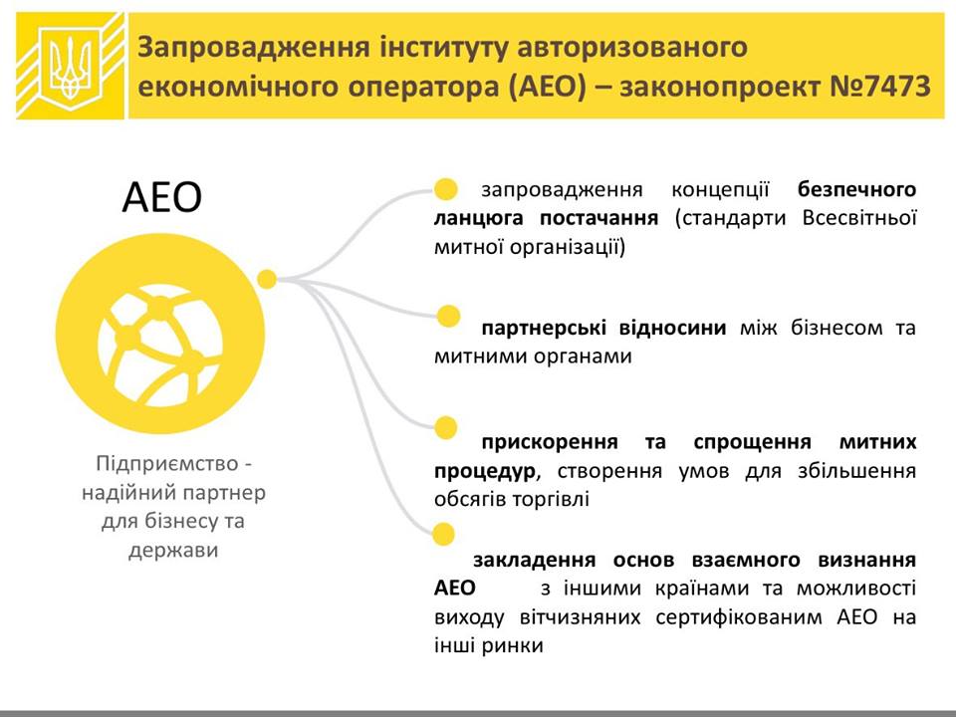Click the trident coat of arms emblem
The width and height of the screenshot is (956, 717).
(x=70, y=66)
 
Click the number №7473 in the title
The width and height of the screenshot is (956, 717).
(x=879, y=86)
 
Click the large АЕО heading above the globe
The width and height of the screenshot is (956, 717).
(x=161, y=197)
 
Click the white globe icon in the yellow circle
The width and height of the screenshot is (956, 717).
(x=159, y=346)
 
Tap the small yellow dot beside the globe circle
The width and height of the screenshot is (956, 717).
(x=267, y=279)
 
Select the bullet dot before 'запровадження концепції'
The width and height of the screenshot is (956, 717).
(x=446, y=189)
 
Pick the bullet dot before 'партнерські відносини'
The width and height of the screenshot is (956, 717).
(x=449, y=316)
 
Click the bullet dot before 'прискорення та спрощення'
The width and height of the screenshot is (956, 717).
(x=446, y=427)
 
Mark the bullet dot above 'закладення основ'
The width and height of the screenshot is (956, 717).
(x=443, y=534)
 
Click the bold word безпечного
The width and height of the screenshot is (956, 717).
(x=856, y=190)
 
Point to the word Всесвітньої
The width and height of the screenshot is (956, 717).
(x=859, y=218)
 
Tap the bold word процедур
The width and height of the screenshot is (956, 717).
(x=486, y=471)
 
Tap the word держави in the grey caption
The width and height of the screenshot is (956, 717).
(x=173, y=550)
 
